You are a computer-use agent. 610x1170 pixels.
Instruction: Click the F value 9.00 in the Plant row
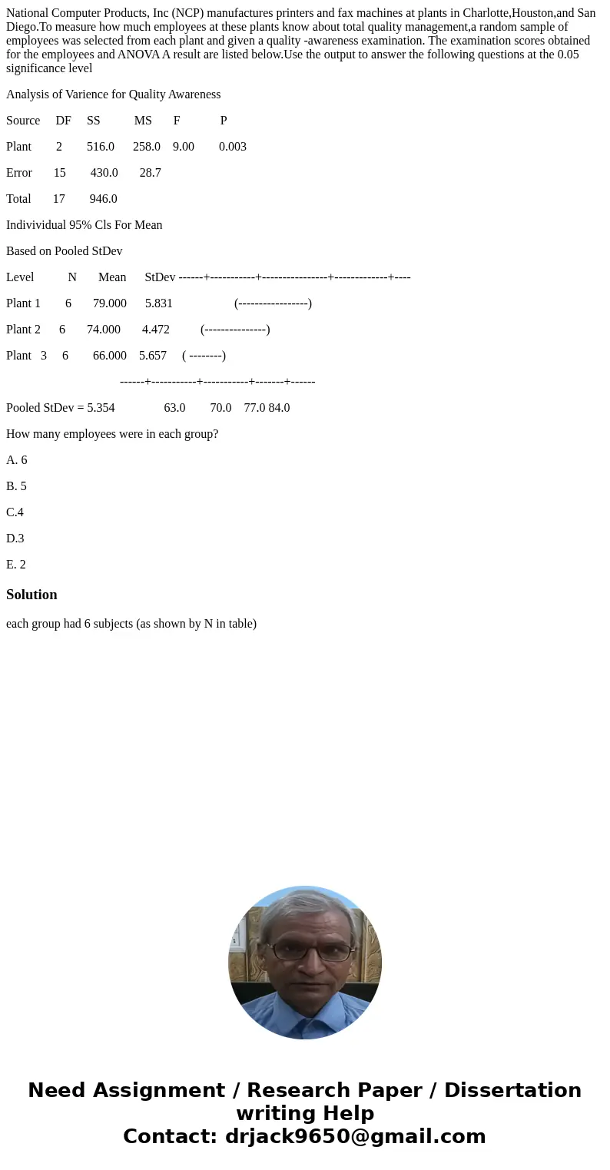[x=183, y=146]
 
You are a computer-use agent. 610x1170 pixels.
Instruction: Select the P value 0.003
[x=232, y=146]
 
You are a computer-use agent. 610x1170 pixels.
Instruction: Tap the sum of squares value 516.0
[x=100, y=146]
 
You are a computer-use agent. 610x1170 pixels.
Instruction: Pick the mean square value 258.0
[x=146, y=146]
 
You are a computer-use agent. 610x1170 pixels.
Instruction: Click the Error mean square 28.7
[x=150, y=172]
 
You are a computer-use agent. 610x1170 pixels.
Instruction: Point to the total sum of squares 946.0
[x=103, y=198]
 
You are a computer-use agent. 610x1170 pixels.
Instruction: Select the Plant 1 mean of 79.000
[x=109, y=303]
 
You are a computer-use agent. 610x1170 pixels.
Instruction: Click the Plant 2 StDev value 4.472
[x=155, y=329]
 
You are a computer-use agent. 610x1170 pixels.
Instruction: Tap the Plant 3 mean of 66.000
[x=109, y=355]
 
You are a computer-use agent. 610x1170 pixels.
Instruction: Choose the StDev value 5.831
[x=158, y=303]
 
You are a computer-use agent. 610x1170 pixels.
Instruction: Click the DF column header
[x=63, y=120]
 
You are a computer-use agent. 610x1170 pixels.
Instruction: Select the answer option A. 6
[x=16, y=459]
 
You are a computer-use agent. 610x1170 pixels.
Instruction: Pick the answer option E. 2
[x=16, y=564]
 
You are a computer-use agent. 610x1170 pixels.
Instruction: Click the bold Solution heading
[x=31, y=594]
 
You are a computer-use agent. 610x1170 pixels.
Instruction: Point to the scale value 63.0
[x=174, y=407]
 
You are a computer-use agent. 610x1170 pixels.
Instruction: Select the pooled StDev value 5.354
[x=101, y=407]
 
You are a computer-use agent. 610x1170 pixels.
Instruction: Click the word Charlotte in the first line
[x=486, y=13]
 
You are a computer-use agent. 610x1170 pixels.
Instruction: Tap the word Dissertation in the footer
[x=512, y=1090]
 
